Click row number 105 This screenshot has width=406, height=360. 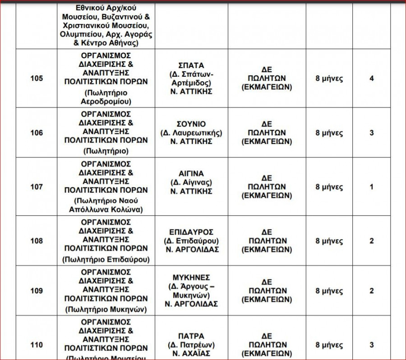tap(37, 78)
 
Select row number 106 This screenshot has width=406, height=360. tap(37, 133)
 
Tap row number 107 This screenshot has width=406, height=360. tap(37, 187)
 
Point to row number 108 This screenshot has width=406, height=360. tap(37, 241)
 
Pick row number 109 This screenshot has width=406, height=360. tap(37, 291)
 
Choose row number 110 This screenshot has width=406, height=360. tap(37, 345)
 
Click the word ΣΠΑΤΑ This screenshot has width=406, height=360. tap(191, 65)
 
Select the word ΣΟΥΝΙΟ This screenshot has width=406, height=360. tap(191, 124)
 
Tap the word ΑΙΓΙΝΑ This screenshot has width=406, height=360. tap(191, 173)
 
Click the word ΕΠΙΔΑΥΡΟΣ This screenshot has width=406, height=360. tap(191, 232)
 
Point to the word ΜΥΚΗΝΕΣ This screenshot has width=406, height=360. tap(191, 277)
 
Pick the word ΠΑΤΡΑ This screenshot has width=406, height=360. tap(191, 336)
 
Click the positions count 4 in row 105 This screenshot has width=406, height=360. tap(371, 78)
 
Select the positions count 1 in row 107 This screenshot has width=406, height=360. tap(371, 187)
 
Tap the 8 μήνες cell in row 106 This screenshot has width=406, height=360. tap(329, 133)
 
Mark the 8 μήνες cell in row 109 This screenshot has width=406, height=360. tap(329, 291)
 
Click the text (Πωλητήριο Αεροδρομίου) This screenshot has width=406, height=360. tap(106, 97)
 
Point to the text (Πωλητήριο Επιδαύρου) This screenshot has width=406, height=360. tap(106, 259)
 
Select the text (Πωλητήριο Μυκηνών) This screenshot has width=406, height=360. tap(106, 309)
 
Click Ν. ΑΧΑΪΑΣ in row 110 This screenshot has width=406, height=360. tap(191, 354)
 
